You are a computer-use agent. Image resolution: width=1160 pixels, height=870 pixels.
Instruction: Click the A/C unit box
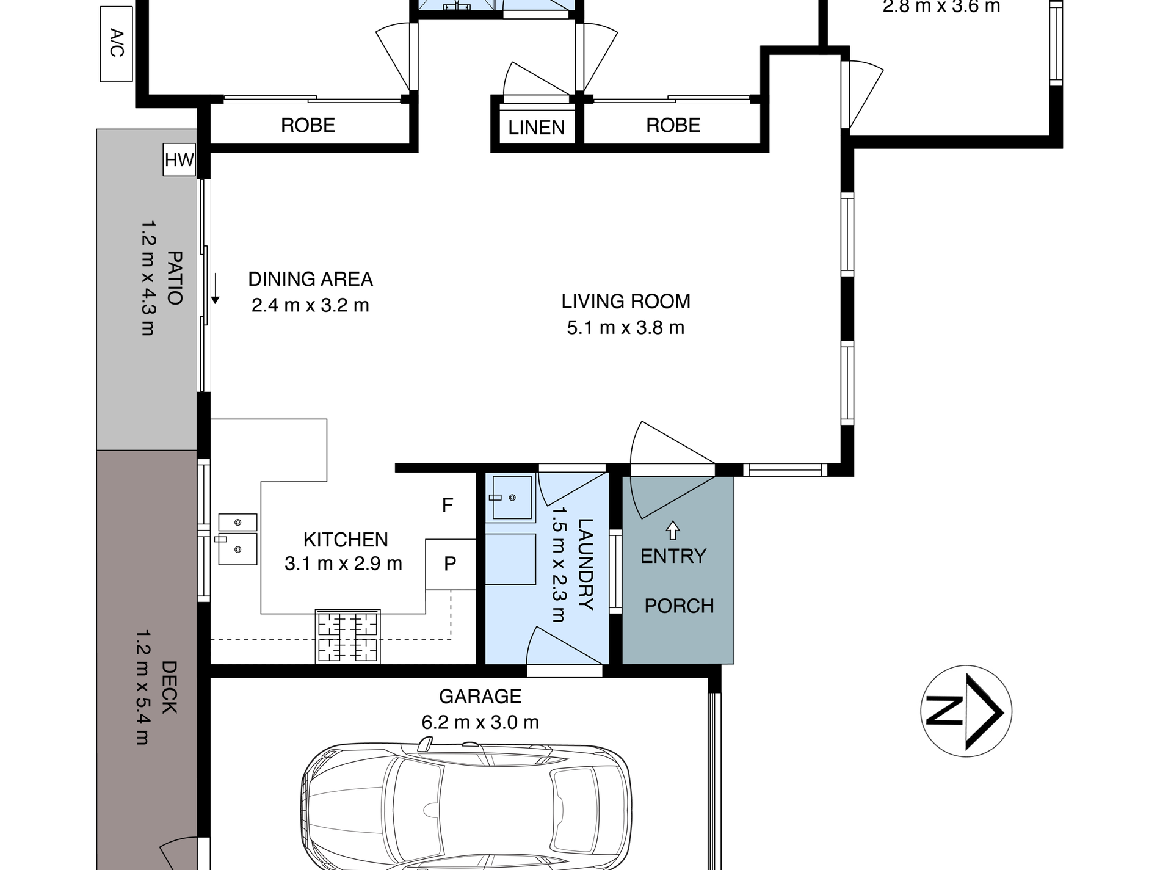(116, 44)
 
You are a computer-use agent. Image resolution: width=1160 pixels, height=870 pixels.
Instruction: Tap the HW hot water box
(179, 160)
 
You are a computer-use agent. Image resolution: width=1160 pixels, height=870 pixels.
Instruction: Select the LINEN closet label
(537, 128)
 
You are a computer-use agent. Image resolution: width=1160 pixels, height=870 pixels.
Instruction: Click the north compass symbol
(966, 711)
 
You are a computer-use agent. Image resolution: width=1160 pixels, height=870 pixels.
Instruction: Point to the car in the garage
(466, 806)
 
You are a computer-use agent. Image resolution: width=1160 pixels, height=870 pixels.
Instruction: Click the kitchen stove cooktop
(347, 636)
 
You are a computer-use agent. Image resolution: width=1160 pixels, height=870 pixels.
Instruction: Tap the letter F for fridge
(448, 505)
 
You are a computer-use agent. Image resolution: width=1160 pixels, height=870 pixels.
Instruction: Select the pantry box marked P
(451, 564)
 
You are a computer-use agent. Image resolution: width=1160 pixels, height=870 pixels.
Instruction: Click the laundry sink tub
(510, 498)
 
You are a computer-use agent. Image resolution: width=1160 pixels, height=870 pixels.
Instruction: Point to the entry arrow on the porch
(672, 530)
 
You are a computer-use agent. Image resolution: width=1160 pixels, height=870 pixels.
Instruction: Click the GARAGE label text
(480, 696)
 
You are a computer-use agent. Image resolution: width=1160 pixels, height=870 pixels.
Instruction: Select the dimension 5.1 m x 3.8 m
(626, 328)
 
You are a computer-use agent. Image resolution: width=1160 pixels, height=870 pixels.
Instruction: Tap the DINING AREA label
(310, 279)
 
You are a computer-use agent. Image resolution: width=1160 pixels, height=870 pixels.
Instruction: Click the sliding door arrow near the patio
(215, 289)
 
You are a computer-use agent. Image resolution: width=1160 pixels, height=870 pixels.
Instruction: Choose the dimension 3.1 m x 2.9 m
(343, 563)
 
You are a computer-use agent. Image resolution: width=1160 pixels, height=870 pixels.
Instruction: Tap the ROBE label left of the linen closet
(308, 125)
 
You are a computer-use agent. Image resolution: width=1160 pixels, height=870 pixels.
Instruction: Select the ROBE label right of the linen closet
(673, 125)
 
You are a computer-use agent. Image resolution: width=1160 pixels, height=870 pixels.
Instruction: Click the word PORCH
(680, 606)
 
